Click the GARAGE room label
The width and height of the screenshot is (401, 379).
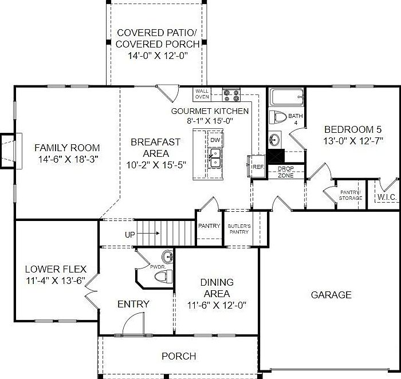(331, 295)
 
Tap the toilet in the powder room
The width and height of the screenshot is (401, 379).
(163, 277)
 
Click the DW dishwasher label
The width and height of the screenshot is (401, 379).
(215, 140)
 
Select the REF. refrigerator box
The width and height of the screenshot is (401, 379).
(258, 166)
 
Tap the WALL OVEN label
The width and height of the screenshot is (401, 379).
(202, 94)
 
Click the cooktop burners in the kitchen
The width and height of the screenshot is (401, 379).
(231, 94)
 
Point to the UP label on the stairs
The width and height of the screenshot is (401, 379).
(130, 235)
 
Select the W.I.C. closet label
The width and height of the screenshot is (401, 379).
(387, 198)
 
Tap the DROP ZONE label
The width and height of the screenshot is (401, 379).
(285, 172)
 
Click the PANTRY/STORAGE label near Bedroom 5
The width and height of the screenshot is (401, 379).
(351, 195)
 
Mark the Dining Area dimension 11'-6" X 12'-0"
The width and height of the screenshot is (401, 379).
(217, 305)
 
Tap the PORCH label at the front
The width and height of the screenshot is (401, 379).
(179, 356)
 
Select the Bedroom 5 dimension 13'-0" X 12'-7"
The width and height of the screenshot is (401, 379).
(353, 140)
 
